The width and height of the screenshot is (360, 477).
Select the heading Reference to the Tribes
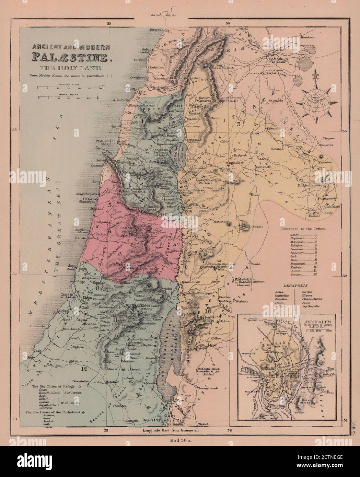(x=303, y=228)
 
